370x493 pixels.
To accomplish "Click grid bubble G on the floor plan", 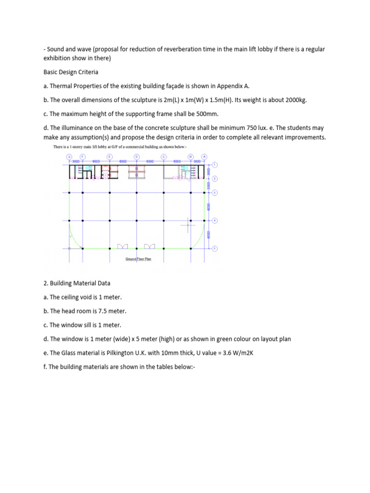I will pos(69,156).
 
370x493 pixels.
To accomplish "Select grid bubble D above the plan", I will pos(136,156).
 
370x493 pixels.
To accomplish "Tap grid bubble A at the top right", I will pos(204,156).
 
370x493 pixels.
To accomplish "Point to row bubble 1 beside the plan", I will pos(214,165).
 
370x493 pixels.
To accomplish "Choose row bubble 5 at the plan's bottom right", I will pos(214,248).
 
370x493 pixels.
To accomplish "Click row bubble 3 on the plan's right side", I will pos(214,193).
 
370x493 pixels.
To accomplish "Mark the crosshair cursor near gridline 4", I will pos(188,224).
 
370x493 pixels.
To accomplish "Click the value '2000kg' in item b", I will pos(294,100).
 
